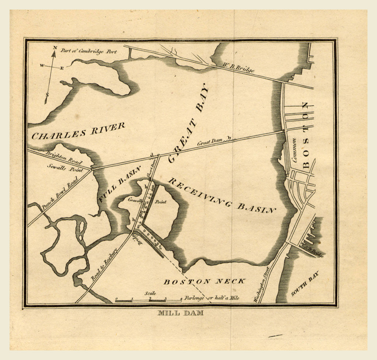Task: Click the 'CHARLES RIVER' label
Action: [78, 131]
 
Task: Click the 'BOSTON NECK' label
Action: [204, 282]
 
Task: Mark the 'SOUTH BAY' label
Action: [305, 283]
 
